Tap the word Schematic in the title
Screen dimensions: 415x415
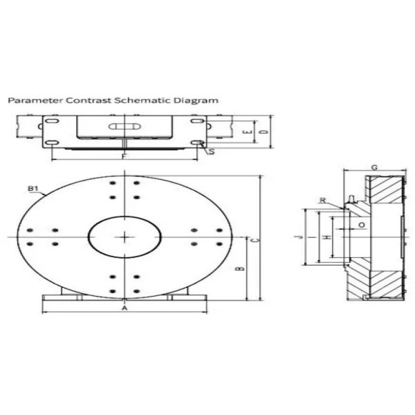point(136,100)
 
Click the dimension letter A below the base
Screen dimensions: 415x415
point(124,308)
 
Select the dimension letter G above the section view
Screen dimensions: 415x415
point(373,168)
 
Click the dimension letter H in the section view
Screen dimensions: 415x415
point(327,237)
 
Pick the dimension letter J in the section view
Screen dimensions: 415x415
point(298,237)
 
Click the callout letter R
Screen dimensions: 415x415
point(323,200)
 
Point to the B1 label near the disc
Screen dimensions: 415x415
point(32,188)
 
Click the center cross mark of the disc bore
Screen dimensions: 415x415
point(124,237)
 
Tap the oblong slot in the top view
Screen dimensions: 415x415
point(125,127)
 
